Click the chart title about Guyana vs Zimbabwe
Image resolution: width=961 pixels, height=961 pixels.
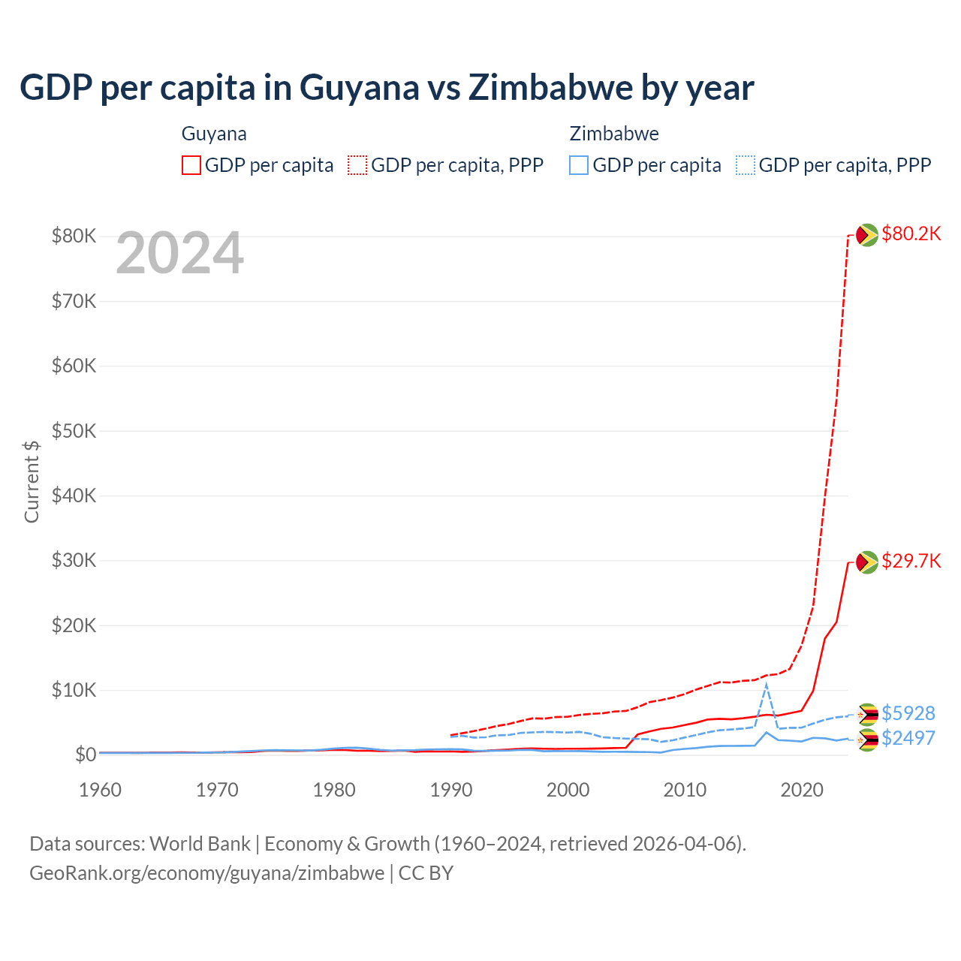(387, 88)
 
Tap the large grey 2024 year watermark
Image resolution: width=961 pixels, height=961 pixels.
(179, 254)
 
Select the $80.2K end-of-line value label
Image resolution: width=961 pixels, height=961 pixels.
(911, 233)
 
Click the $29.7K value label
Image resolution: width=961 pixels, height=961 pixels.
(911, 561)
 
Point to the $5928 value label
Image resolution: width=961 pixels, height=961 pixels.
(908, 712)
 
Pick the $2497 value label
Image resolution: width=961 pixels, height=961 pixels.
(908, 738)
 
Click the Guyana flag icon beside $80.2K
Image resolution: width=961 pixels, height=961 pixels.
(867, 235)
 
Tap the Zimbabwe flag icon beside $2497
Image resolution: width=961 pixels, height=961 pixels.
(867, 740)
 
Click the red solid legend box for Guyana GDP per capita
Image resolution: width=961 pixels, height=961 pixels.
(191, 165)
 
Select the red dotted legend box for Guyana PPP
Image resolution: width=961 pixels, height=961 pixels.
(357, 165)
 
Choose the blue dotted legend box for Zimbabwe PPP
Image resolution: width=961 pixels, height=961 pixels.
(746, 165)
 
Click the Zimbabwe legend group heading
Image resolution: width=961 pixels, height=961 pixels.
(614, 134)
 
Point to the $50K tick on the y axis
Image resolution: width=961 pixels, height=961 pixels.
(74, 431)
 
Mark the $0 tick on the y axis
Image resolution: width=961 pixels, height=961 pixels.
(85, 755)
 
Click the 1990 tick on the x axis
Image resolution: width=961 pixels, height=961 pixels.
(451, 790)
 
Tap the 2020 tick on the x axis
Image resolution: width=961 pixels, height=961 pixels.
(802, 790)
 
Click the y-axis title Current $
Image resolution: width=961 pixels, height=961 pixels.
(32, 481)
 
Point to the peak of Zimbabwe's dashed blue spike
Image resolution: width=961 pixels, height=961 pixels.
(766, 685)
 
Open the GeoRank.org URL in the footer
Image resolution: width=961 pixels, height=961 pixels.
(206, 873)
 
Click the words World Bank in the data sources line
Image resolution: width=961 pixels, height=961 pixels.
(200, 844)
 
